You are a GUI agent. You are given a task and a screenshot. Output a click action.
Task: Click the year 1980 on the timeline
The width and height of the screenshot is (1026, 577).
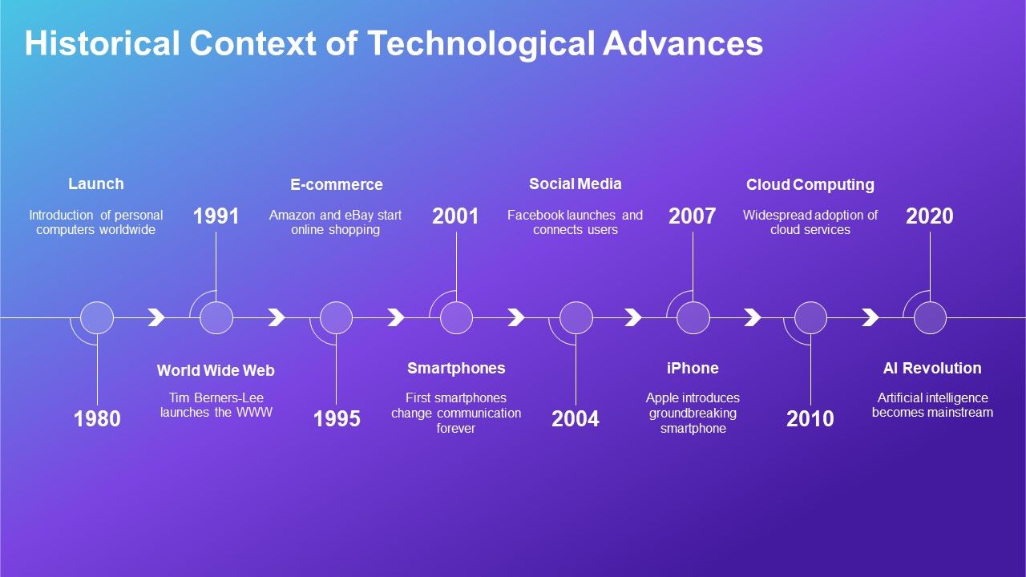(x=97, y=418)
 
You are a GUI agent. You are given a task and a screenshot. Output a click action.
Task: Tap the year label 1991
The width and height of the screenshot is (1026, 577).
(x=216, y=216)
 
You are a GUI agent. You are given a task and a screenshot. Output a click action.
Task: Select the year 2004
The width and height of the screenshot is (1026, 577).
(x=576, y=418)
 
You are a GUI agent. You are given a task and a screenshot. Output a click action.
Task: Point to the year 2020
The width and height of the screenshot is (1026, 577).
(x=930, y=216)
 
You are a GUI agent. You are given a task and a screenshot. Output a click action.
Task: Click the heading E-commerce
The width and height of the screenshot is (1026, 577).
(x=337, y=185)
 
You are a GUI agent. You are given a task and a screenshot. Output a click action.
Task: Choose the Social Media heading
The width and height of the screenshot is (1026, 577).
(x=575, y=184)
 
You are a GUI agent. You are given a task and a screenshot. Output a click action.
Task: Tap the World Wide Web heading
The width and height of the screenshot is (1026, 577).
(x=216, y=370)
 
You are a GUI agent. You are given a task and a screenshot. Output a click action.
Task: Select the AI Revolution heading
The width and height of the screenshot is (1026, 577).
(x=932, y=369)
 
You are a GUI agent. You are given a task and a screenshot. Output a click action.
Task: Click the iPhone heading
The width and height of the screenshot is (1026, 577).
(x=693, y=369)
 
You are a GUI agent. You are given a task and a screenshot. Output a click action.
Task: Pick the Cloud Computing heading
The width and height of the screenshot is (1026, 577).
(x=810, y=185)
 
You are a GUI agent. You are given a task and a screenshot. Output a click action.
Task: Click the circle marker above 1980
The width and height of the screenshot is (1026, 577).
(x=97, y=318)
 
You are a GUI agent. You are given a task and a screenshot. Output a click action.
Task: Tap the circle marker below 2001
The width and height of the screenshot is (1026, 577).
(x=456, y=318)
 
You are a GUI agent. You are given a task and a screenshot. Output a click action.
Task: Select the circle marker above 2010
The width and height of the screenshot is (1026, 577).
(x=810, y=318)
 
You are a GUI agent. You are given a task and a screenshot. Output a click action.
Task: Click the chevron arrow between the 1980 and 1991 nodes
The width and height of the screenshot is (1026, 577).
(x=157, y=318)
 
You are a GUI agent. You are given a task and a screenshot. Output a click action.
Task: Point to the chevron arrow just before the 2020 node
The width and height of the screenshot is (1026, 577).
(x=870, y=318)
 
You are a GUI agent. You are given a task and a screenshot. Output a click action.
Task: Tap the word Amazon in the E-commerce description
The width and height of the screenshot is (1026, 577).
(x=293, y=216)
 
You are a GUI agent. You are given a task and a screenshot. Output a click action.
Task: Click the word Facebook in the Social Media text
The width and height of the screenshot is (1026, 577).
(x=535, y=216)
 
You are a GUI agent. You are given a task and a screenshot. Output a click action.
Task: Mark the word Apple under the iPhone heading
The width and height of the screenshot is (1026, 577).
(x=662, y=398)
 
